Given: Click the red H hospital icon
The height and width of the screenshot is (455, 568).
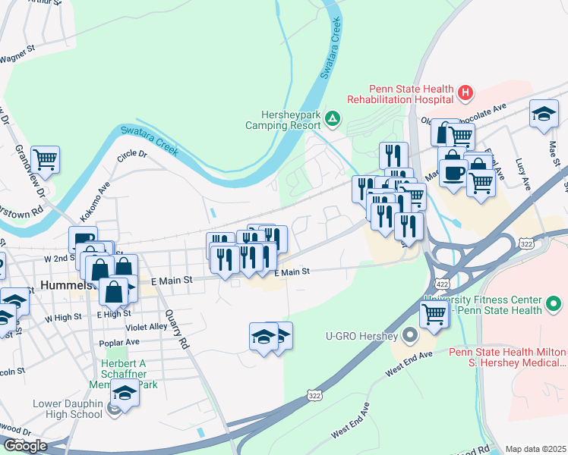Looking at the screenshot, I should [x=465, y=94].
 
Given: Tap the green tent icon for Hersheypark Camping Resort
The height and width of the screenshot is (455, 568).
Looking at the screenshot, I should [x=333, y=118].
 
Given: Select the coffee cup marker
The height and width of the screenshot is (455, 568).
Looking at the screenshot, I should [x=453, y=172].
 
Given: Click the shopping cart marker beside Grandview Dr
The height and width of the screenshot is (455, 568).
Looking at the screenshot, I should [x=46, y=159].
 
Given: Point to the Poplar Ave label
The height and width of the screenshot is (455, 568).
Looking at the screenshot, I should [x=119, y=343].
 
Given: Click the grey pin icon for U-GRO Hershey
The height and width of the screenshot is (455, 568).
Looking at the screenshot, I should [x=411, y=334].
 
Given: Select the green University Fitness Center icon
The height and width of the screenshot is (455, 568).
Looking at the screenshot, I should [x=554, y=305].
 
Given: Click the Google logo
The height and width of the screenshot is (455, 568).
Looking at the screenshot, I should [x=25, y=446].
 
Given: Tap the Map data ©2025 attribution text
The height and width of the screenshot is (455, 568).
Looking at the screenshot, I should [x=535, y=449].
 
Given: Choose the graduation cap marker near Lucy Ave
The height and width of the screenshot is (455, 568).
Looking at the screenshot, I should [x=544, y=114].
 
